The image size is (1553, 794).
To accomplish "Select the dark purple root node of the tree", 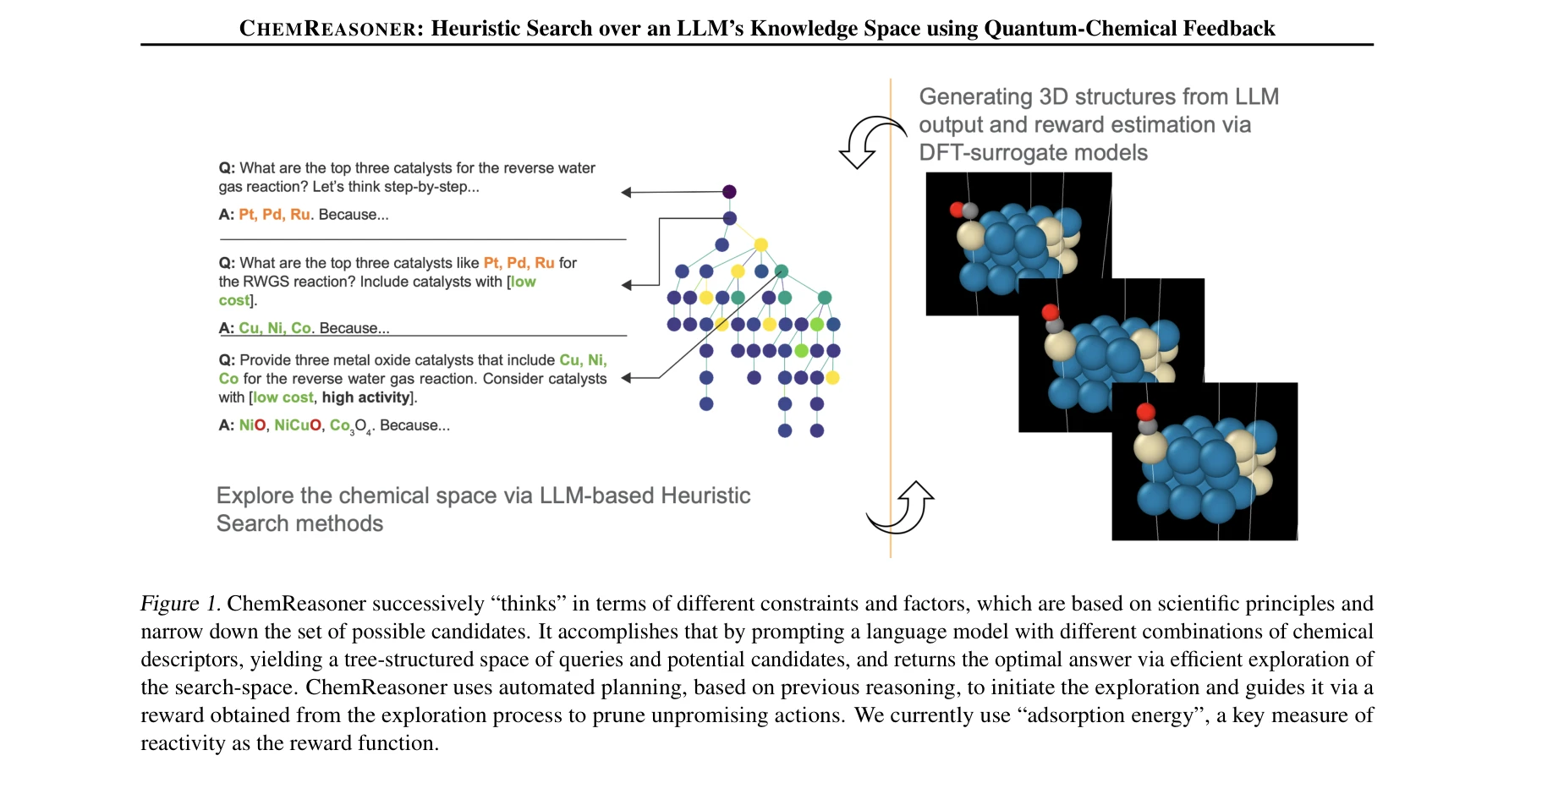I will pyautogui.click(x=729, y=192).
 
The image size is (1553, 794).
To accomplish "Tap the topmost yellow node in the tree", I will pyautogui.click(x=760, y=244).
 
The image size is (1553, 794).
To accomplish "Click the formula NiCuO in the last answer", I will pyautogui.click(x=297, y=425).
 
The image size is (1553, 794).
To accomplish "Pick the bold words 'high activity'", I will pyautogui.click(x=365, y=397).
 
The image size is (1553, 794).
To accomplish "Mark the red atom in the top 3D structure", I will pyautogui.click(x=957, y=209).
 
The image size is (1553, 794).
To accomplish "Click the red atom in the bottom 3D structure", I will pyautogui.click(x=1146, y=412).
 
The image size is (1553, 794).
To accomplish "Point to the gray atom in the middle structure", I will pyautogui.click(x=1054, y=326).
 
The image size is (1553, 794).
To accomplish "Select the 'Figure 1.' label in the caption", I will pyautogui.click(x=180, y=604).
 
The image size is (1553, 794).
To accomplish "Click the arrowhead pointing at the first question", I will pyautogui.click(x=626, y=193).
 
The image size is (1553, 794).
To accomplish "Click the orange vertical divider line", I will pyautogui.click(x=891, y=338).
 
